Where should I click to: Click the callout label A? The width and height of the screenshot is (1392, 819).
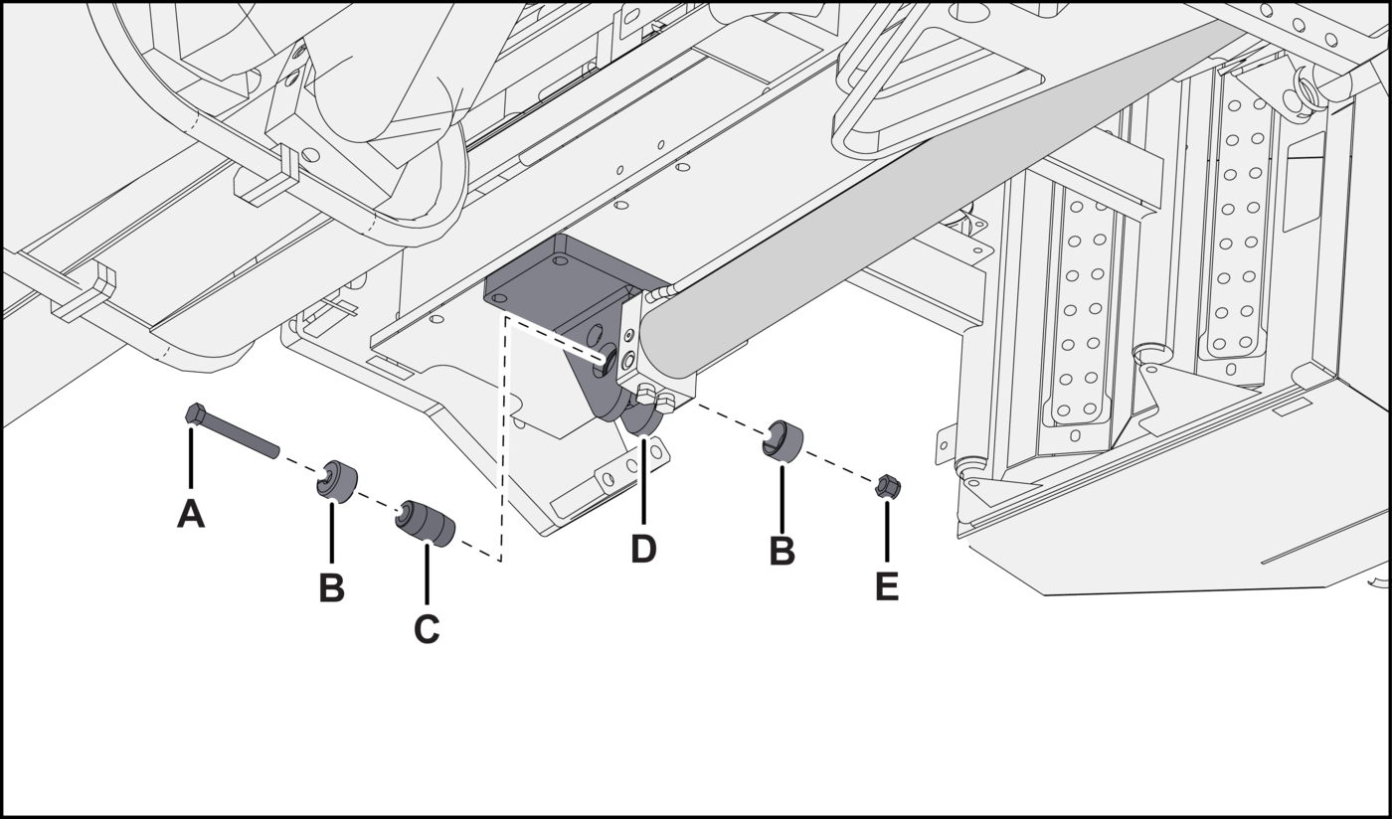(x=191, y=515)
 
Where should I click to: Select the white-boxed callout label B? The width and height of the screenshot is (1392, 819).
(x=331, y=588)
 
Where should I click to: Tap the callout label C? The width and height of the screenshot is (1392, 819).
(x=427, y=630)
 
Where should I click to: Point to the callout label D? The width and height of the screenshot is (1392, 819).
(x=643, y=550)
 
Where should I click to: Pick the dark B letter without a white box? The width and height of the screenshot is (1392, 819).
(x=783, y=553)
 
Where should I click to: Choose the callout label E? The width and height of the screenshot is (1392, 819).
(x=887, y=587)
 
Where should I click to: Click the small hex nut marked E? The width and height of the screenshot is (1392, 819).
(x=889, y=485)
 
